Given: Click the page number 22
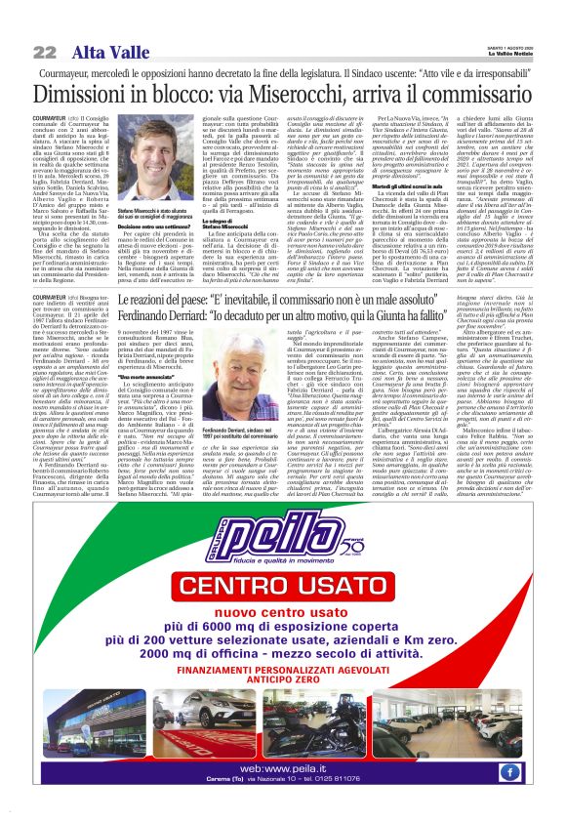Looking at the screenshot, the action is [x=44, y=52].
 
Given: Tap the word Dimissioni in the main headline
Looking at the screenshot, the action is [x=92, y=96].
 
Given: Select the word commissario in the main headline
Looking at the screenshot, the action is [x=465, y=96].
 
